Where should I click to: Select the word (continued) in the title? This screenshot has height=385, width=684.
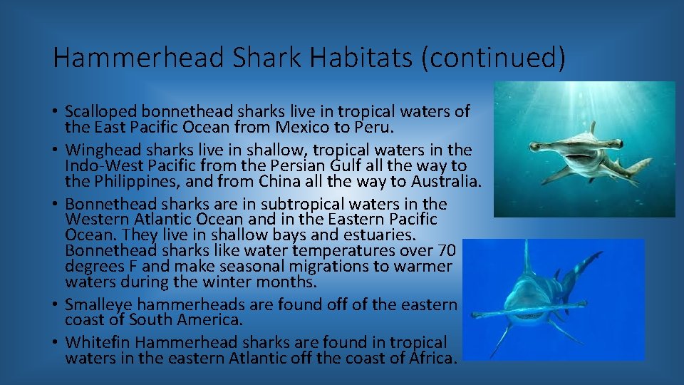493,58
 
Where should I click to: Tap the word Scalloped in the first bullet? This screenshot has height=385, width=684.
100,111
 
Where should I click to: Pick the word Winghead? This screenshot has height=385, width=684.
98,150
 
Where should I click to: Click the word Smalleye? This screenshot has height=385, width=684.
95,304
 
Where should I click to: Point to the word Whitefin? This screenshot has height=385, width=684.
94,342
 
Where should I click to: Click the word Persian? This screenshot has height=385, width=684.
311,165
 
